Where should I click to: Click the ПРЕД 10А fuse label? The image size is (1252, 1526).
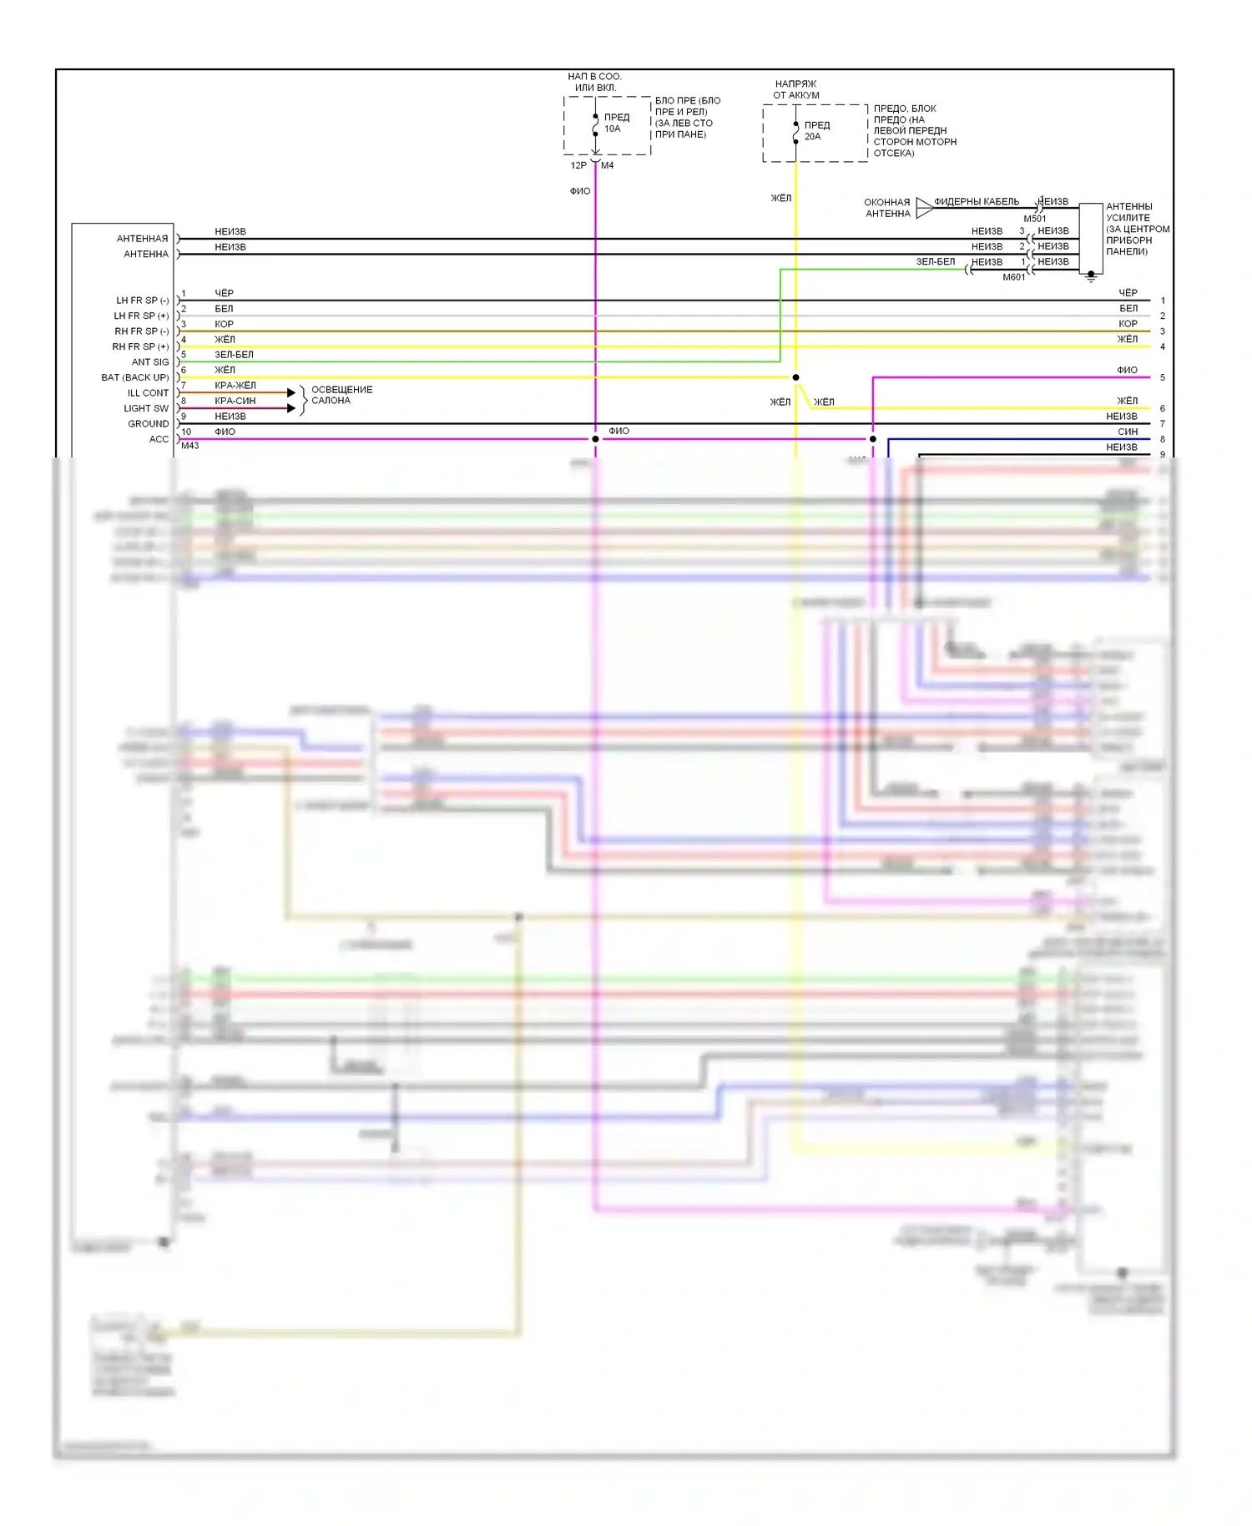616,123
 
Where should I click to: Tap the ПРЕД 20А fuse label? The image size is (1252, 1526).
816,130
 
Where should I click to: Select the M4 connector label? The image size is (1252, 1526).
608,165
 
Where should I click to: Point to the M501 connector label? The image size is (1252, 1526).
1034,219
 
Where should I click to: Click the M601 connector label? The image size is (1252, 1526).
1013,277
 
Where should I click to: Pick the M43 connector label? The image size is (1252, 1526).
190,446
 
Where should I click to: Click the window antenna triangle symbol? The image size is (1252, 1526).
924,208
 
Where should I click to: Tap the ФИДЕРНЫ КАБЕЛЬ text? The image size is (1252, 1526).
976,201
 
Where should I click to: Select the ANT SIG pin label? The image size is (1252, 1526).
150,362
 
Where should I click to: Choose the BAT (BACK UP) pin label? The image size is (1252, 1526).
135,377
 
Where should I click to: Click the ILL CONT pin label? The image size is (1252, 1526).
148,393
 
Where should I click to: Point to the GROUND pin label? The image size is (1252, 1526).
148,424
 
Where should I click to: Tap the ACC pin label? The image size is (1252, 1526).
159,439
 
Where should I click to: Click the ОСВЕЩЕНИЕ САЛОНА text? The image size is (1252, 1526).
341,395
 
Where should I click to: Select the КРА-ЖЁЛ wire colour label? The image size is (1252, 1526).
235,386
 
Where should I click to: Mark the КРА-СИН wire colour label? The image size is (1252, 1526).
235,401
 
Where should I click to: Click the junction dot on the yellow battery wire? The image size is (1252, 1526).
795,377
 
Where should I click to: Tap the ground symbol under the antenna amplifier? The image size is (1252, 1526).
1090,277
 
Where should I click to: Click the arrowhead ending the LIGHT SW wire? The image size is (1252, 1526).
291,408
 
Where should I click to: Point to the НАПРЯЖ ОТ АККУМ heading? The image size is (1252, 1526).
795,89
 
